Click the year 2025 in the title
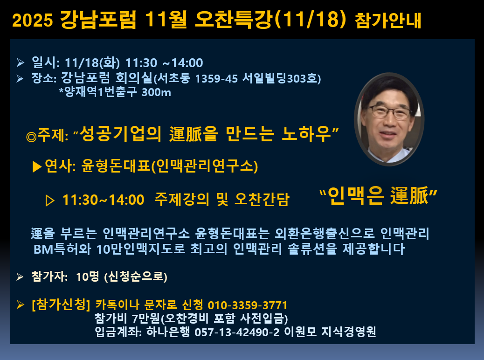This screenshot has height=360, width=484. (33, 21)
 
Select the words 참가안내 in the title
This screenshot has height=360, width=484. (388, 21)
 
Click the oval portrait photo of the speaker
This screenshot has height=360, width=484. (389, 119)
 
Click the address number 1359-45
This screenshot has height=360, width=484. (216, 78)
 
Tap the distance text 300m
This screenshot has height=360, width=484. (156, 92)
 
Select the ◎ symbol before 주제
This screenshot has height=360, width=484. (31, 137)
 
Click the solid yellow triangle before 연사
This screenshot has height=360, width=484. (37, 167)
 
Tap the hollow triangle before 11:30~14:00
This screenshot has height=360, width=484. (50, 201)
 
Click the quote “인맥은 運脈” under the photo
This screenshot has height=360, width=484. (379, 195)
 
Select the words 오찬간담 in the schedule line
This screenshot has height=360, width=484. (262, 199)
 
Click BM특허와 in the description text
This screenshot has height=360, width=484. (62, 249)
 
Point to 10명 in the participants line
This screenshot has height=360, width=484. (87, 277)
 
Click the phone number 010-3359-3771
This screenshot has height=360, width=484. (248, 305)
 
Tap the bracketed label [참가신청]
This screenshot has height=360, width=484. (61, 305)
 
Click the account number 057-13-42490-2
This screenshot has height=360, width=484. (237, 332)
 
